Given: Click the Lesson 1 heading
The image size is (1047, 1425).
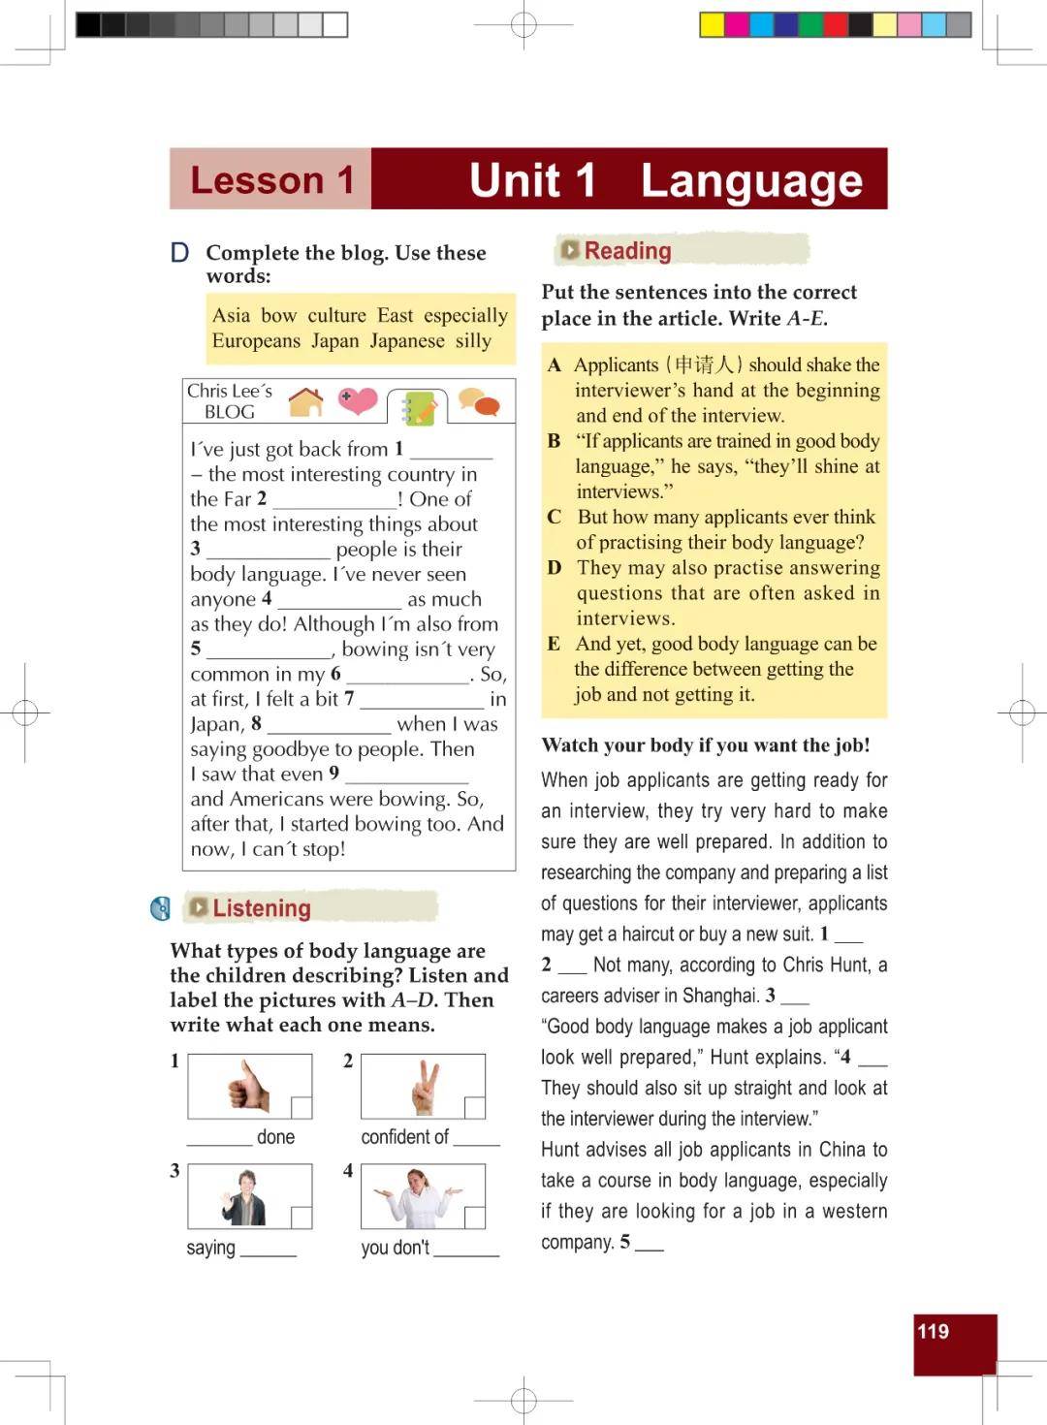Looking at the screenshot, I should click(271, 180).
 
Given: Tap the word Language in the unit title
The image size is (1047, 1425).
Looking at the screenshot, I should click(751, 180).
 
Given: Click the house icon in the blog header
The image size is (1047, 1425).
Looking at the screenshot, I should click(306, 401).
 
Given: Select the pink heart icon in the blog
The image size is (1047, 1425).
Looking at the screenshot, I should click(358, 399).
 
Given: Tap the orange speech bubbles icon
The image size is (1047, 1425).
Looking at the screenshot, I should click(479, 401).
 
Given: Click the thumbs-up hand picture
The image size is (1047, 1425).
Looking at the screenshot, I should click(248, 1086).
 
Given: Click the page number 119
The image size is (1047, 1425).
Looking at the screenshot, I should click(933, 1332).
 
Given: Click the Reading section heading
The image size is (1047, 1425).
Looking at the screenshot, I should click(627, 251).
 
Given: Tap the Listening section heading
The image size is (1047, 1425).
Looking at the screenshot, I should click(261, 908).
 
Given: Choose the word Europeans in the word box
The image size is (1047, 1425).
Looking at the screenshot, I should click(256, 341).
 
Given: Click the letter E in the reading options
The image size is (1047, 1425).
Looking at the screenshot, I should click(554, 644).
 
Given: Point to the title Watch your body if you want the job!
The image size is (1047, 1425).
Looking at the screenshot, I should click(706, 745).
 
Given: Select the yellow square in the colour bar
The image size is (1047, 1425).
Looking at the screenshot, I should click(712, 24).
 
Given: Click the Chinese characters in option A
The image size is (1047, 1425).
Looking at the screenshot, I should click(703, 365).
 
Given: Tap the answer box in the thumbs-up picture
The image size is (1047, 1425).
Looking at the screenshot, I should click(301, 1107).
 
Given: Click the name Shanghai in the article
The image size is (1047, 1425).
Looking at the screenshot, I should click(720, 996).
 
